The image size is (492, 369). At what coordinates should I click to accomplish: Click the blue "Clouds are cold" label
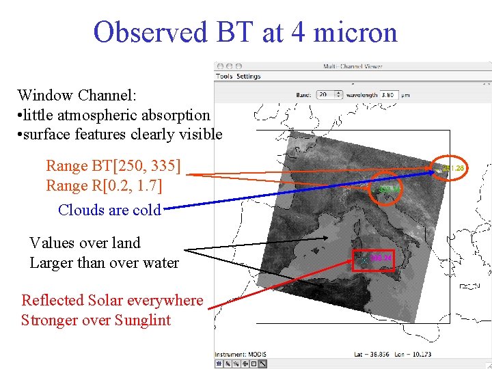pos(109,210)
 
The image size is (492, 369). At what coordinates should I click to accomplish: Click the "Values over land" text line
pos(85,243)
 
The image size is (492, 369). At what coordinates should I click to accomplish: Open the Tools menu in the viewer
pos(224,77)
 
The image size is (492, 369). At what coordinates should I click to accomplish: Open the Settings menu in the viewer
pos(248,77)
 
